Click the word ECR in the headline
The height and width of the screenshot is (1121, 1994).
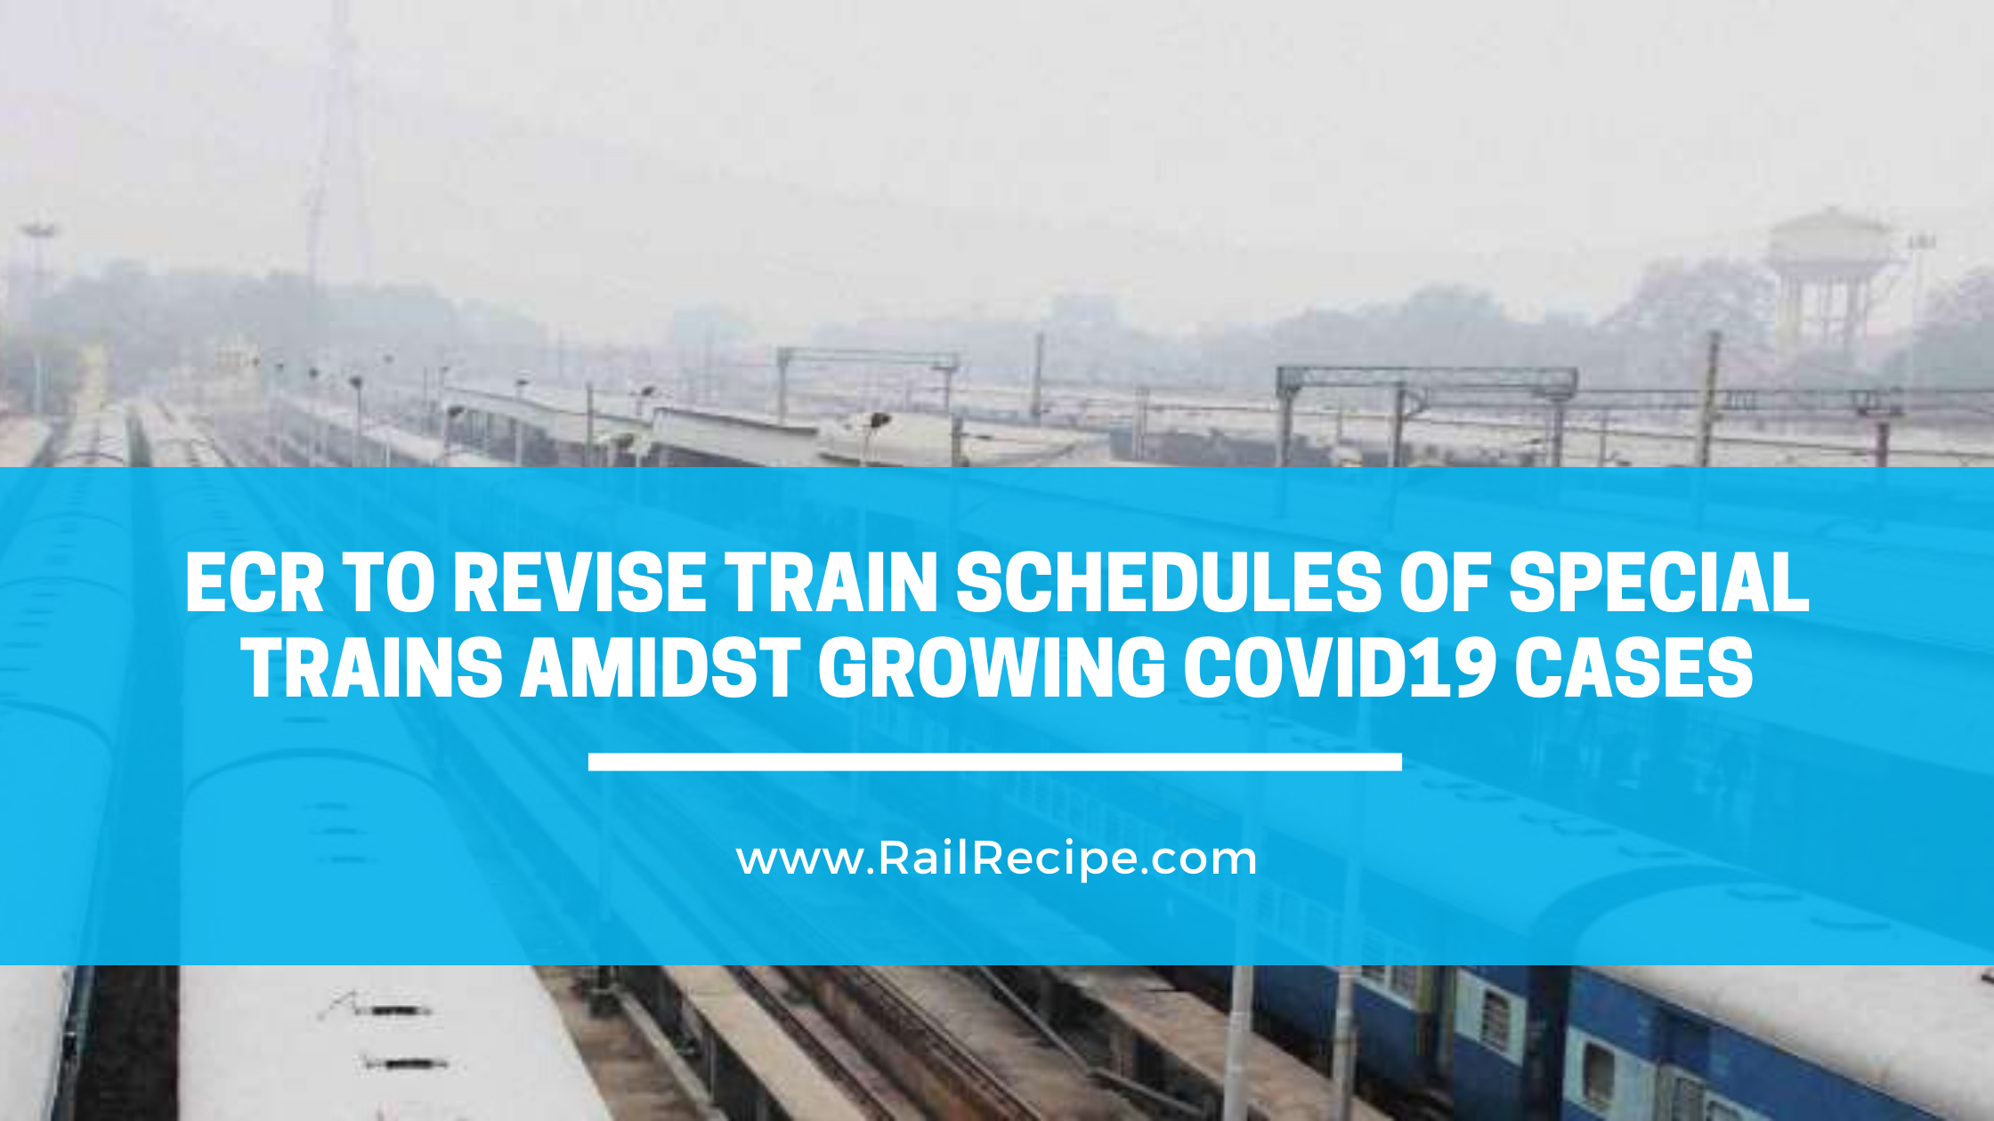(255, 583)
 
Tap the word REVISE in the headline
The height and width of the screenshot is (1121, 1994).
(580, 583)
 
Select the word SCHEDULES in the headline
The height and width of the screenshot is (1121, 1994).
(1169, 583)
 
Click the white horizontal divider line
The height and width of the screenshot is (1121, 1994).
(995, 762)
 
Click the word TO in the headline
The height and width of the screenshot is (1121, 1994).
(390, 583)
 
